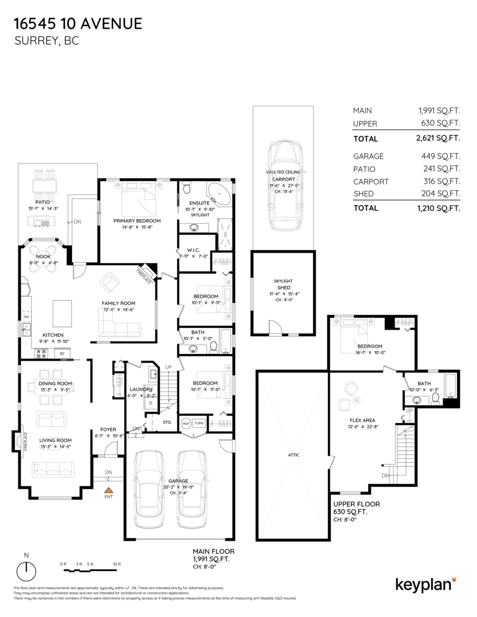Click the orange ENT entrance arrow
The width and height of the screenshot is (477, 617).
(x=109, y=491)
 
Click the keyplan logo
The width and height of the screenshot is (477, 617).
(x=425, y=584)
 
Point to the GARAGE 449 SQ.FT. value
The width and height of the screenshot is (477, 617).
(x=439, y=156)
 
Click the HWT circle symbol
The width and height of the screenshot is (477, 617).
(x=185, y=424)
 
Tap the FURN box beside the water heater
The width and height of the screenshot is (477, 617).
(x=199, y=424)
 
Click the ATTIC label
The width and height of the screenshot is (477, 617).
(x=294, y=455)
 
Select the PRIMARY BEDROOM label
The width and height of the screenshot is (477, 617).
(x=137, y=221)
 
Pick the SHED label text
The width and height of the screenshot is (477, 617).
(x=284, y=287)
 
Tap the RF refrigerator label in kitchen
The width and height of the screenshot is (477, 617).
(x=62, y=354)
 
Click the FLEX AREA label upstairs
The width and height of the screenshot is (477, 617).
(x=362, y=420)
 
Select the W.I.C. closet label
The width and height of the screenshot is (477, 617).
(x=193, y=250)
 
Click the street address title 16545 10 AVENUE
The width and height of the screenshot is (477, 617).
(x=77, y=23)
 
